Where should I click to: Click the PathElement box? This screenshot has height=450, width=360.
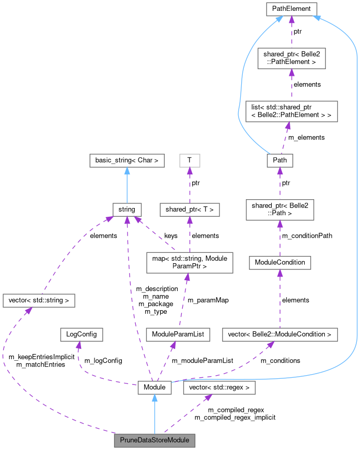point(291,8)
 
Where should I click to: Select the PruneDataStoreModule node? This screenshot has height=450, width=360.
point(155,440)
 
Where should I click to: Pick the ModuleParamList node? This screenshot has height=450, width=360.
point(178,334)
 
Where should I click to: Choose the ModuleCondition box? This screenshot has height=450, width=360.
point(279,263)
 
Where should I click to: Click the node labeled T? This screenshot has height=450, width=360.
point(190,160)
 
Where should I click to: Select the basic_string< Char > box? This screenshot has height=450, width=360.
point(127,160)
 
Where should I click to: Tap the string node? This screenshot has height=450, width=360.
point(127,210)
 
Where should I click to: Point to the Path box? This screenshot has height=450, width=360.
point(280,160)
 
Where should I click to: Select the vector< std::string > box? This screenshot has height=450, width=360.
point(39,300)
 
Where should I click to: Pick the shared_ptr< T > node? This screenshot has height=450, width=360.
point(190,210)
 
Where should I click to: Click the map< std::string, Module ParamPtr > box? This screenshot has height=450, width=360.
point(190,262)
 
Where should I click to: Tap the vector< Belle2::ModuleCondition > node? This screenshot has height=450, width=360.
point(279,334)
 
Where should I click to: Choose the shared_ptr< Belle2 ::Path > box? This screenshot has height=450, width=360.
point(279,210)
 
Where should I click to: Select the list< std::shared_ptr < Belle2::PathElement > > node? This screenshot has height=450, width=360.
point(291,111)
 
